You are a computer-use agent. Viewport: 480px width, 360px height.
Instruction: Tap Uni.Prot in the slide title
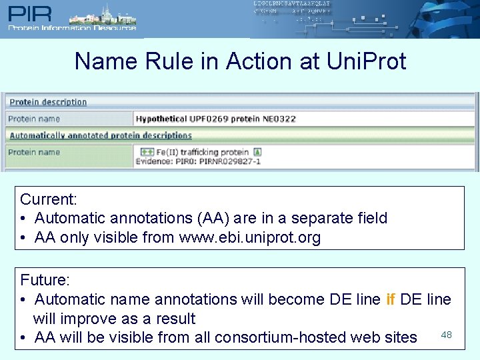point(366,61)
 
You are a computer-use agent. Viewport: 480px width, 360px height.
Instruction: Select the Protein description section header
point(48,102)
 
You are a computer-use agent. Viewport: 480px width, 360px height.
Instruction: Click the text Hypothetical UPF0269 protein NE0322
point(215,119)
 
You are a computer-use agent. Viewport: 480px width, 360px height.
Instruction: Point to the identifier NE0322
point(280,119)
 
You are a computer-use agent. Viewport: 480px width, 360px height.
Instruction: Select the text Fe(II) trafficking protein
point(203,152)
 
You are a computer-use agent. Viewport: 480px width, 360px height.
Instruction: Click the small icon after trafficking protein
point(257,152)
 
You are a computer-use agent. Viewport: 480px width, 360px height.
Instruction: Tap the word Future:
point(44,280)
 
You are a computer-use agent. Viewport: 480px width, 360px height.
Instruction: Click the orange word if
point(391,299)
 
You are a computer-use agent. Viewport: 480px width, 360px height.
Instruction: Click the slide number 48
point(446,333)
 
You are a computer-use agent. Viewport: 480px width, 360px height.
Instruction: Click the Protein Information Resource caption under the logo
point(72,28)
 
